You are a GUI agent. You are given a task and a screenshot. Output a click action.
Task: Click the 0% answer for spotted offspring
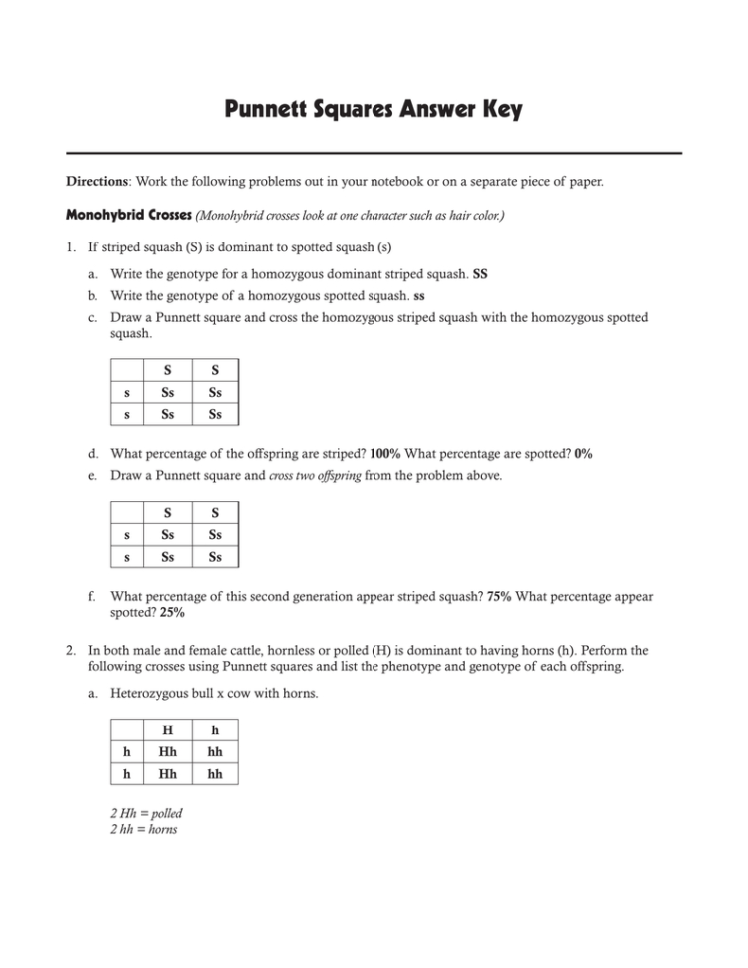583,453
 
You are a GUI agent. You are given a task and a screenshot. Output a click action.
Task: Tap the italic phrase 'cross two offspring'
312,476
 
